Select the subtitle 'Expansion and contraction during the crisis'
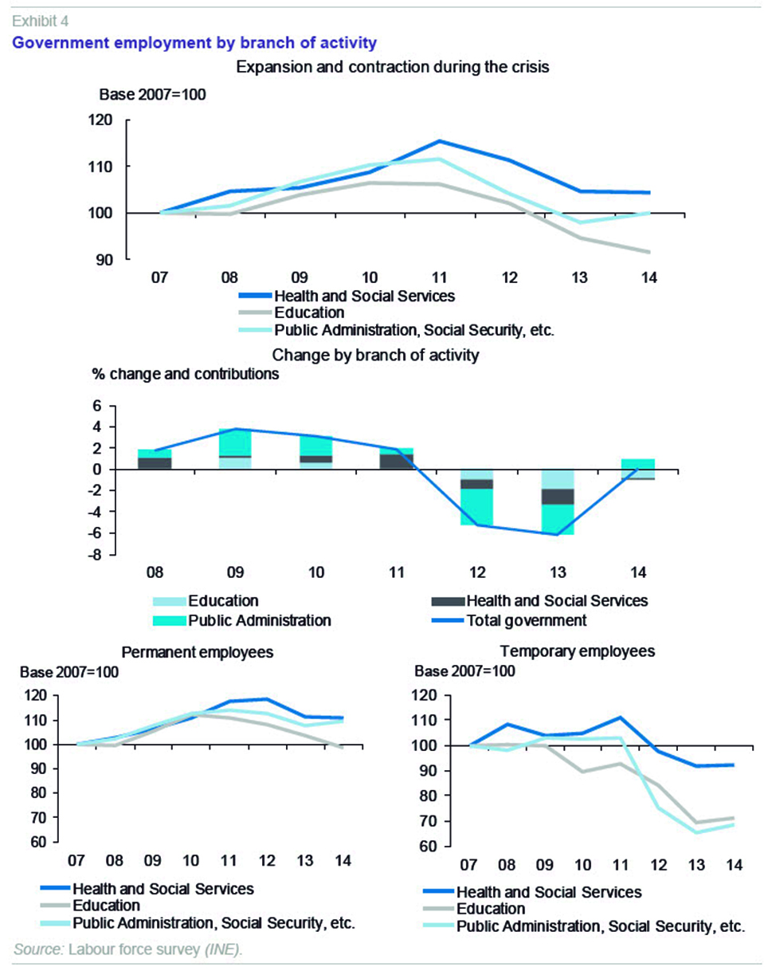tap(393, 67)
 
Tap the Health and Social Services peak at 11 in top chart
tap(438, 141)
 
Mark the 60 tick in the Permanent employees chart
tap(39, 843)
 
